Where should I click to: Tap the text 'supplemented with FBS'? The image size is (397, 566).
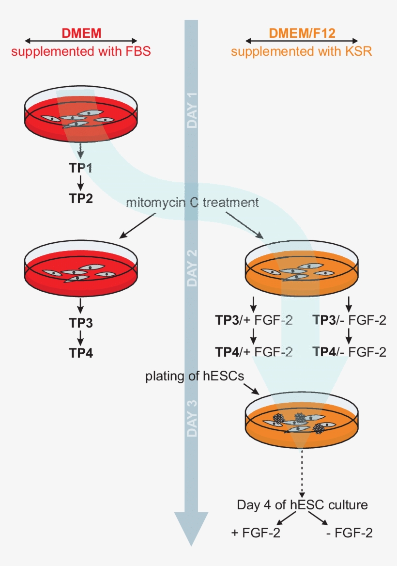point(81,51)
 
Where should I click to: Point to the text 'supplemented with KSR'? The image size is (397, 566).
point(302,51)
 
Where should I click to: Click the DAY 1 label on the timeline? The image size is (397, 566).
point(192,112)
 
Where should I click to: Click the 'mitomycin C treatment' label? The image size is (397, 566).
point(192,202)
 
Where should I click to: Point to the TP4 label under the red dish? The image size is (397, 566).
point(81,352)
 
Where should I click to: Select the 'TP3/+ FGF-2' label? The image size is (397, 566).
point(254,320)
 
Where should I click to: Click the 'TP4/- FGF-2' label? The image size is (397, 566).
point(350,352)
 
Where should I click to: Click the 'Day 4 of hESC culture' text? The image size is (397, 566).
point(302,505)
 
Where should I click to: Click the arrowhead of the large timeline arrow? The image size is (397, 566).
point(192,528)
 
